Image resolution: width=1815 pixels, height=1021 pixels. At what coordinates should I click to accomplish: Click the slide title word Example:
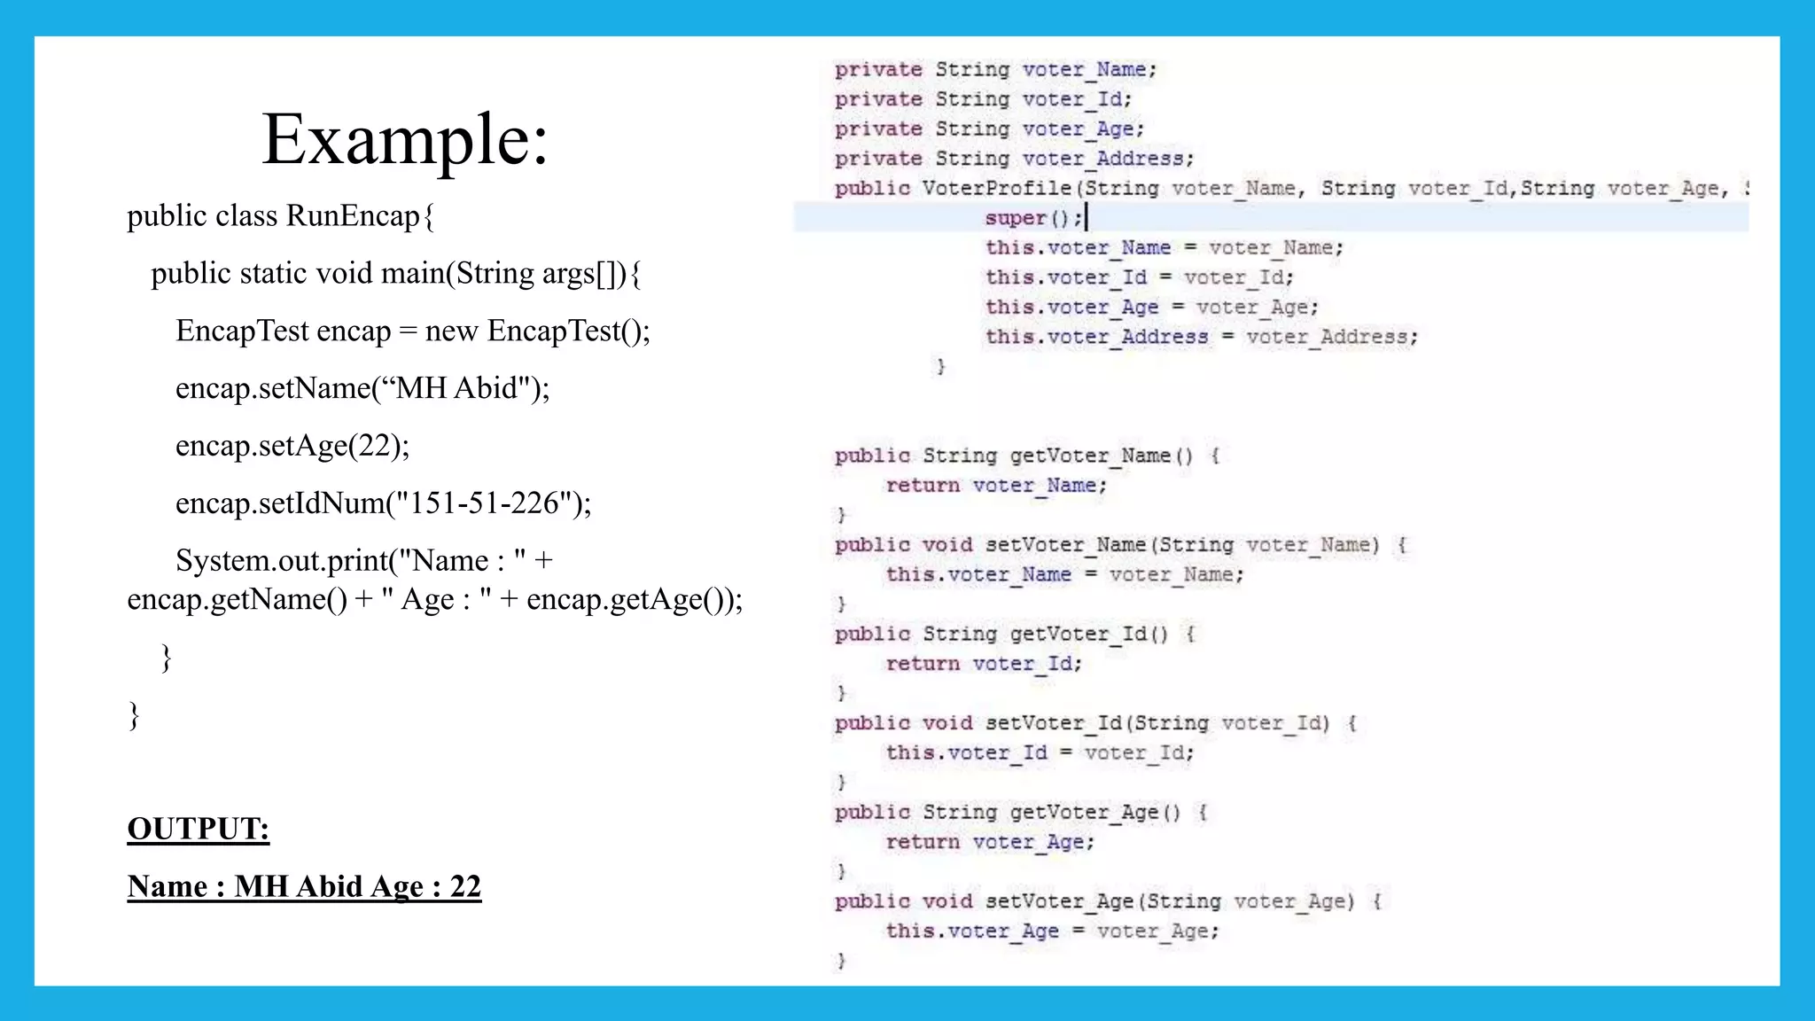tap(405, 140)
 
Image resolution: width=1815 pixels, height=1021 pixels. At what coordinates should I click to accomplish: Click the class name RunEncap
tap(353, 216)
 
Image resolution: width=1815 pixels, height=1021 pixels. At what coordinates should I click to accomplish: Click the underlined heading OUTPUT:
tap(198, 829)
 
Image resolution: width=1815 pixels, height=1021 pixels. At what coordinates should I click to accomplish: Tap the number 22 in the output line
tap(465, 886)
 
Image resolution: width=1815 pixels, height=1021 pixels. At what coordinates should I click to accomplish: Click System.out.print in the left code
tap(282, 561)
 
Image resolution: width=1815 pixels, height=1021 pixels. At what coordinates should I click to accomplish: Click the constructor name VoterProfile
tap(997, 189)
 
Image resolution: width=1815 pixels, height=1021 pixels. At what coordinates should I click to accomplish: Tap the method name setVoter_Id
tap(1055, 723)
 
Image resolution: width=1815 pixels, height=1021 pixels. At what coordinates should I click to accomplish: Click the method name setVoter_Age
tap(1059, 902)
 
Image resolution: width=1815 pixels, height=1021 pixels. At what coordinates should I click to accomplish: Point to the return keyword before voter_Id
tap(923, 664)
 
